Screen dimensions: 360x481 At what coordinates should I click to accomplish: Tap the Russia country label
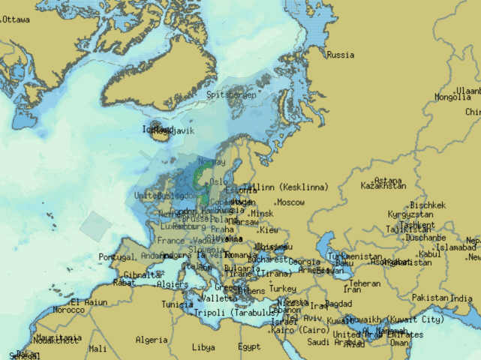tap(341, 55)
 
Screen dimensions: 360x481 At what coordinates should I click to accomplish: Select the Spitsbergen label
tap(232, 95)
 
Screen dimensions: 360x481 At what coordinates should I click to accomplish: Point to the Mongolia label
tap(452, 97)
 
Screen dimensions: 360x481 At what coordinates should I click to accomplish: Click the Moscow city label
tap(290, 202)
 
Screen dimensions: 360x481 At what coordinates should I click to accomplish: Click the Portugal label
tap(116, 257)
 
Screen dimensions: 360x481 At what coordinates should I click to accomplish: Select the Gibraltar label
tap(143, 275)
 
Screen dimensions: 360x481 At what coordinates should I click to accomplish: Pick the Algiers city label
tap(173, 285)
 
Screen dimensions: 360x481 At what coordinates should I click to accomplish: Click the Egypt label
tap(249, 347)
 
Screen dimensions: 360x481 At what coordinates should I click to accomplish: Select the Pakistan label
tap(430, 298)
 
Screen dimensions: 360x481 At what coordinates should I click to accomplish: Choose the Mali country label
tap(97, 348)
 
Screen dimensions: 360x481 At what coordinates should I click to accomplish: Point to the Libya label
tap(203, 347)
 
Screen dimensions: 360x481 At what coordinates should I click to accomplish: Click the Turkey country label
tap(282, 289)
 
